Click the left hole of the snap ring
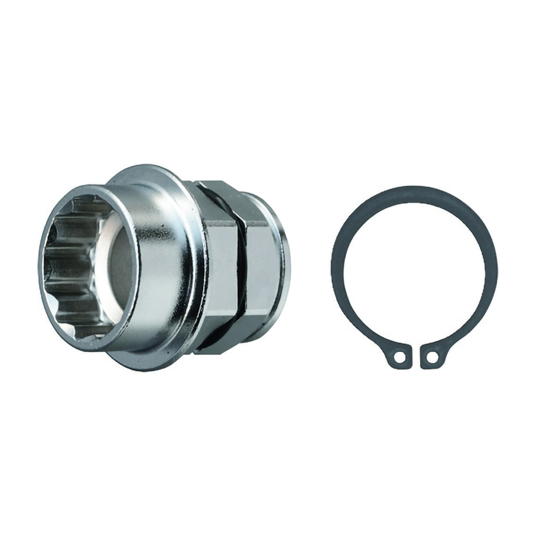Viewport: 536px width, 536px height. pos(402,357)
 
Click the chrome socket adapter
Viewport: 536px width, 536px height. pos(170,268)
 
